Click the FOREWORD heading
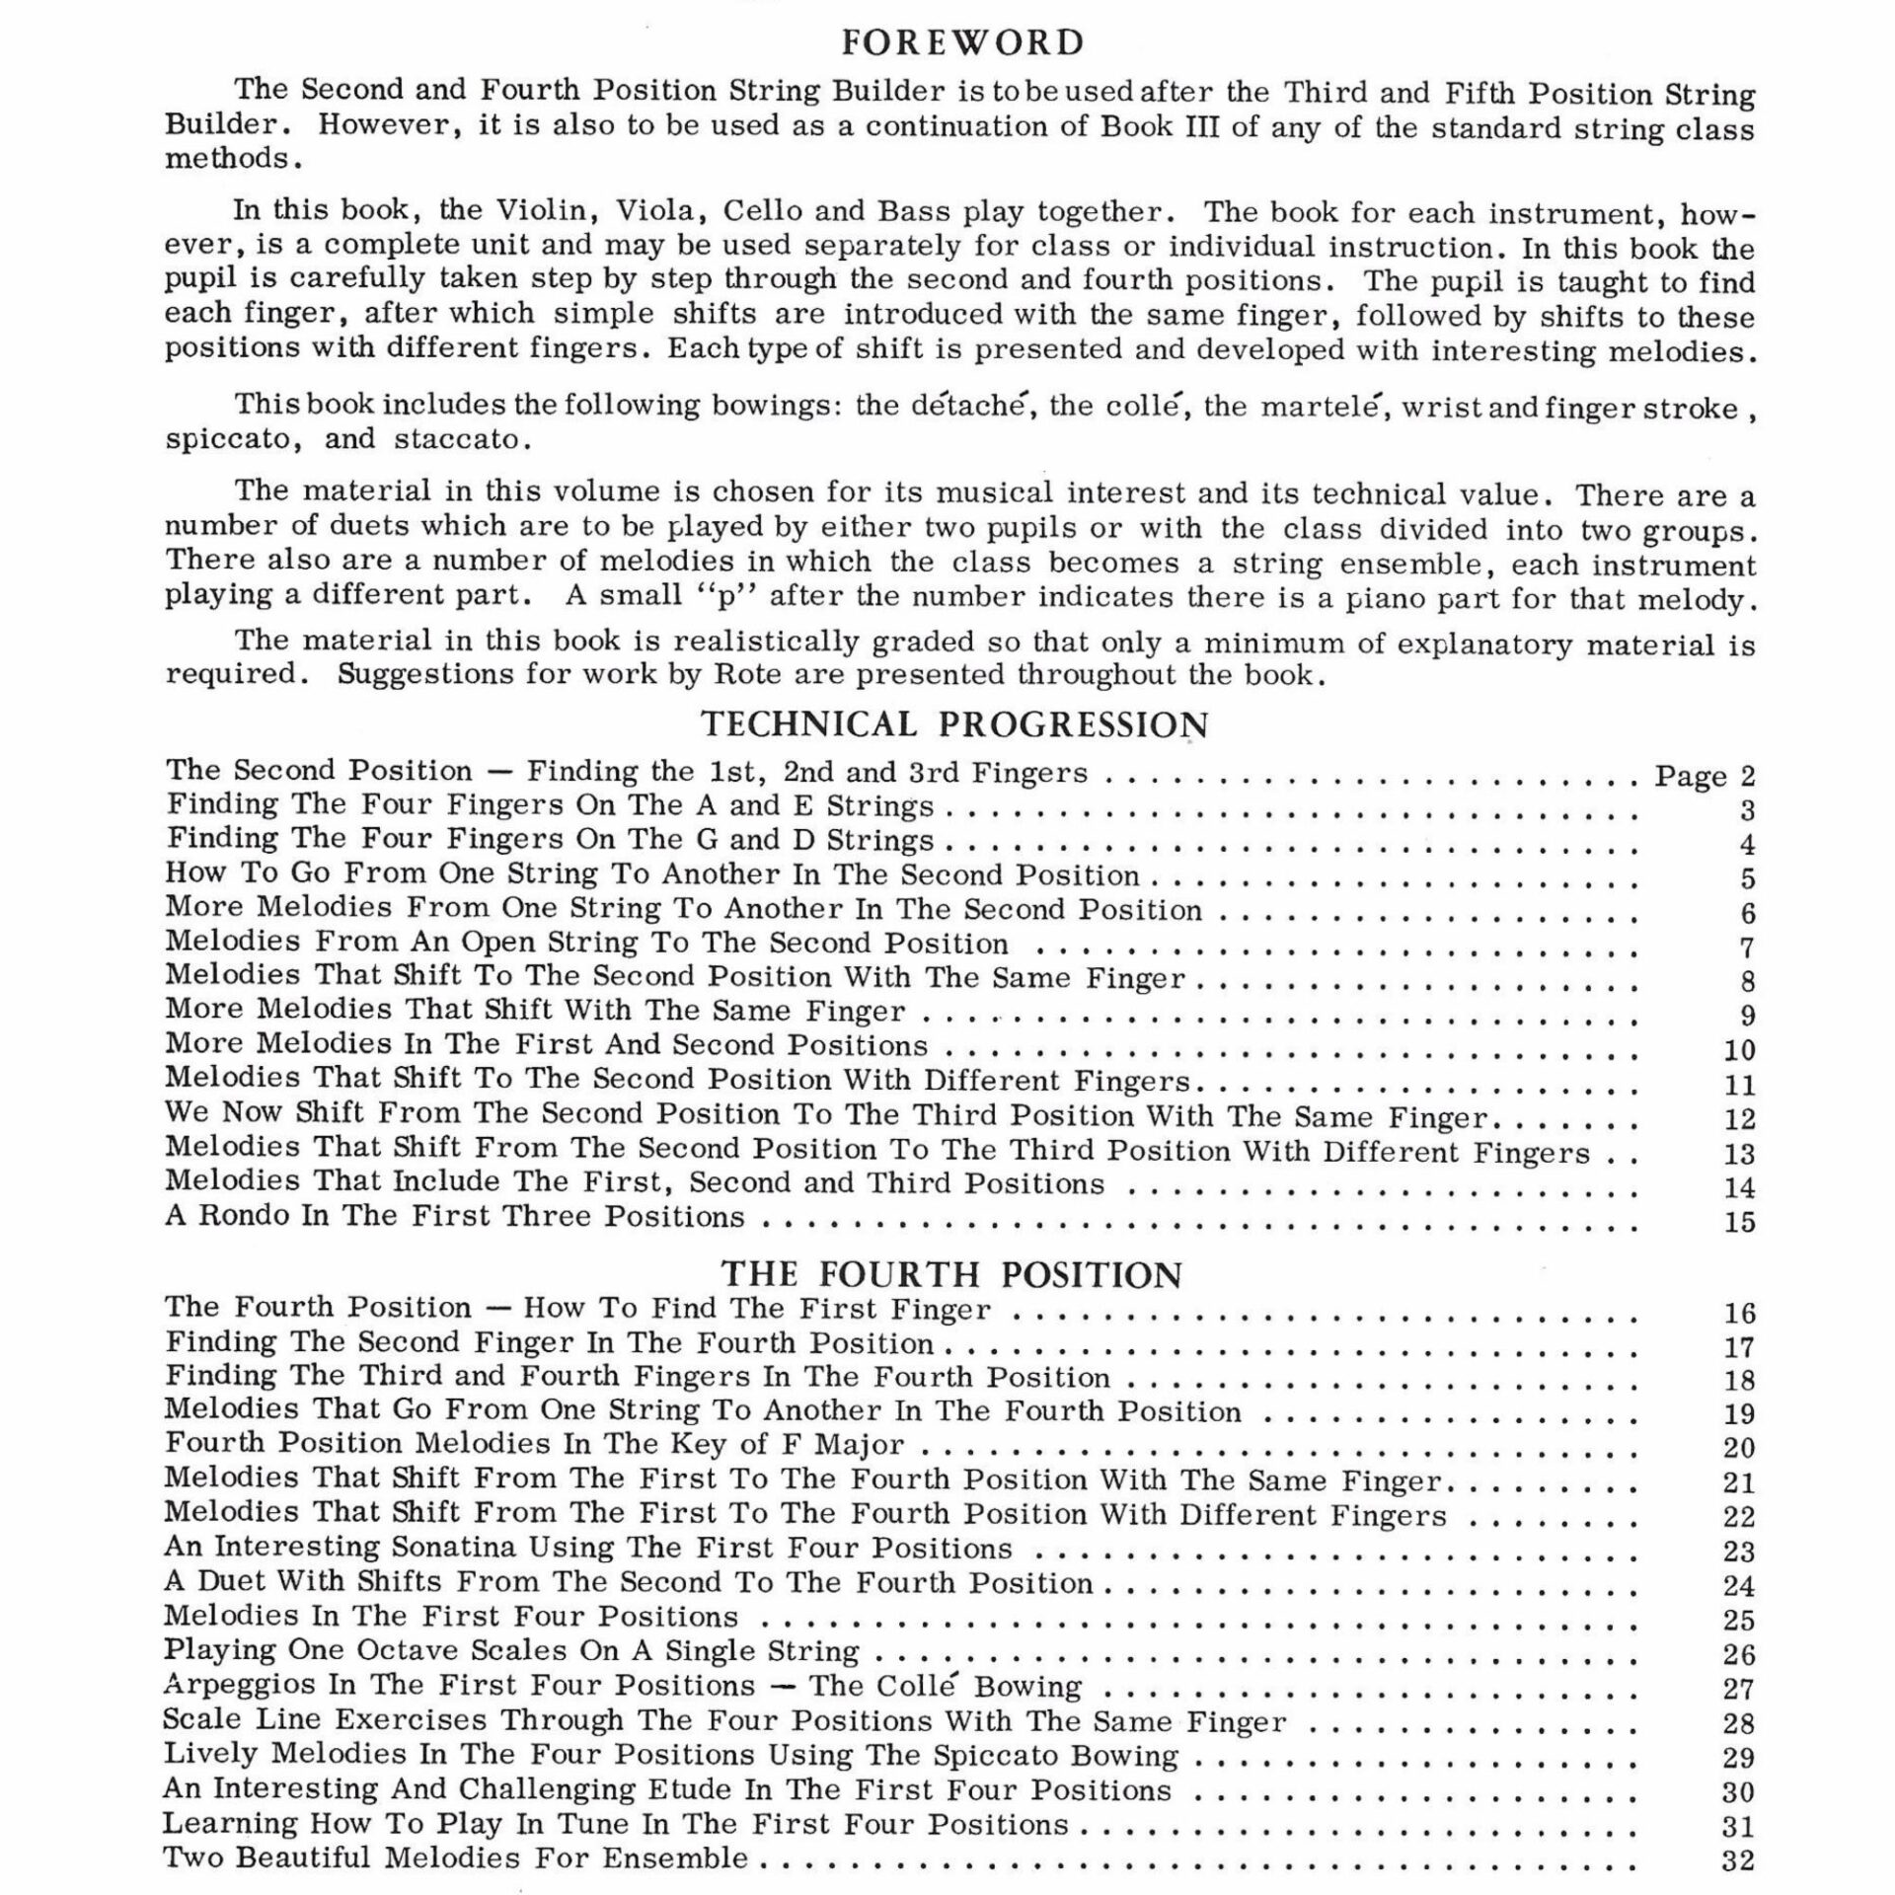962,42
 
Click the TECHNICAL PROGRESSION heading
954,724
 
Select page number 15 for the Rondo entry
1739,1222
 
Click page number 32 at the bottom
1738,1860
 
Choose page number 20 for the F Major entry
1738,1448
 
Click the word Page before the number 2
1689,777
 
